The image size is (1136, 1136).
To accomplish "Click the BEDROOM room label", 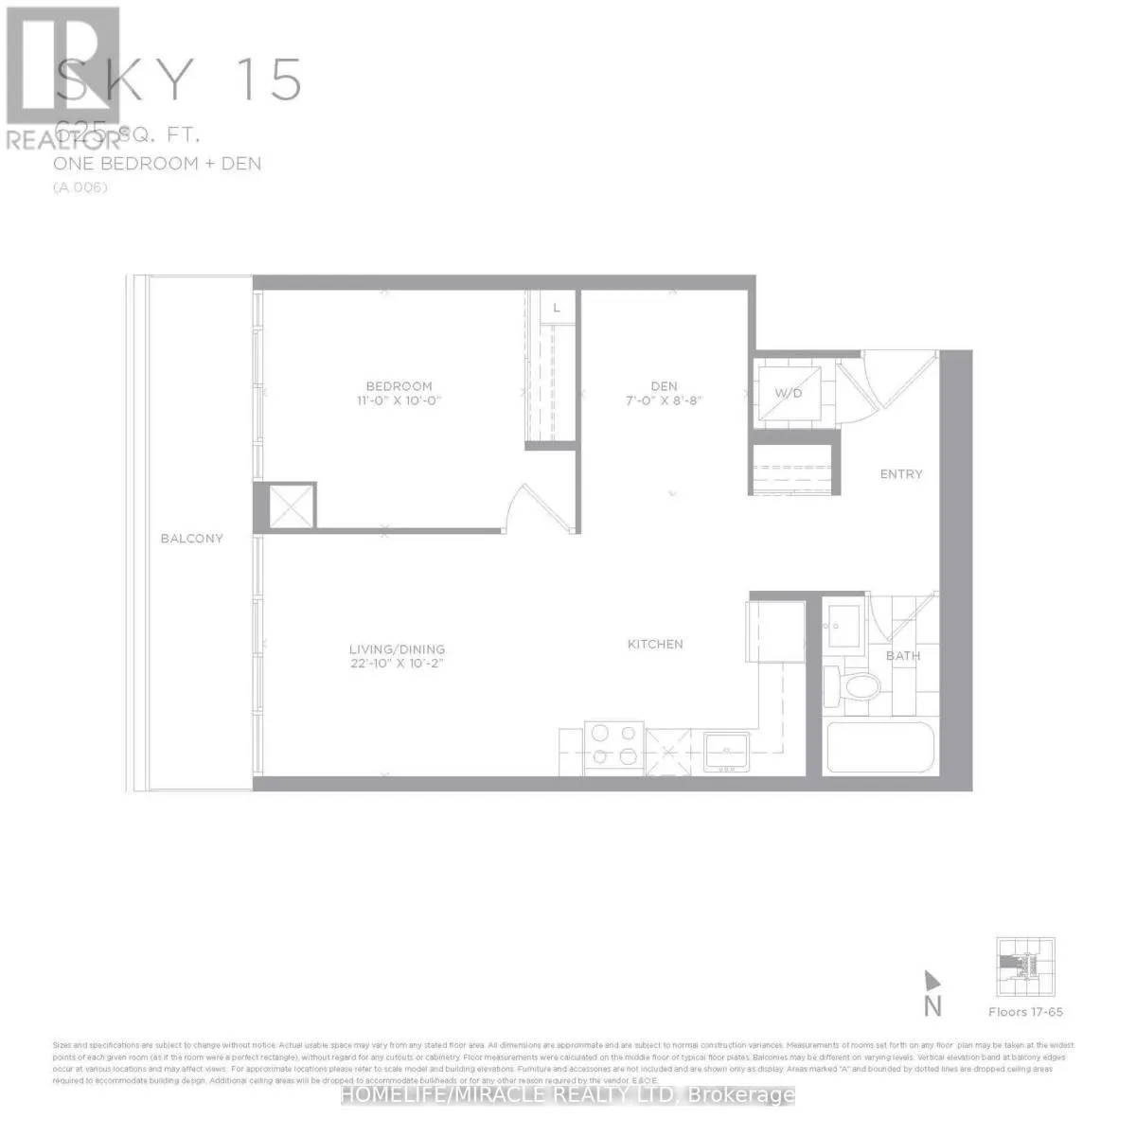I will pyautogui.click(x=399, y=386).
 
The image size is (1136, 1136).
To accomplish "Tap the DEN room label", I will pyautogui.click(x=664, y=386).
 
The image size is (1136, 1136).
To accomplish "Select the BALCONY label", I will pyautogui.click(x=191, y=539).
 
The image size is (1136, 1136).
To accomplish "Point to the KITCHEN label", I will pyautogui.click(x=655, y=645).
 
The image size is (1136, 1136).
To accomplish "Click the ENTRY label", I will pyautogui.click(x=900, y=474).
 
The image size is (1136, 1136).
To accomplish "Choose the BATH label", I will pyautogui.click(x=902, y=656).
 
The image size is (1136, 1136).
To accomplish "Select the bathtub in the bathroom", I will pyautogui.click(x=880, y=748).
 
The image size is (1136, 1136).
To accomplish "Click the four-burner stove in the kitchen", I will pyautogui.click(x=614, y=743).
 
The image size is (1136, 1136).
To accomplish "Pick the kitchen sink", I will pyautogui.click(x=727, y=754).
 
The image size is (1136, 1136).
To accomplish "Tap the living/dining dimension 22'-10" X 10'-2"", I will pyautogui.click(x=397, y=664).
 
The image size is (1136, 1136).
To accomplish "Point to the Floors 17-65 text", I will pyautogui.click(x=1025, y=1012).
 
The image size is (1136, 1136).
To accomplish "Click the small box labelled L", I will pyautogui.click(x=557, y=308).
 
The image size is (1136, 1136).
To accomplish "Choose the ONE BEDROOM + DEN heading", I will pyautogui.click(x=158, y=164).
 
